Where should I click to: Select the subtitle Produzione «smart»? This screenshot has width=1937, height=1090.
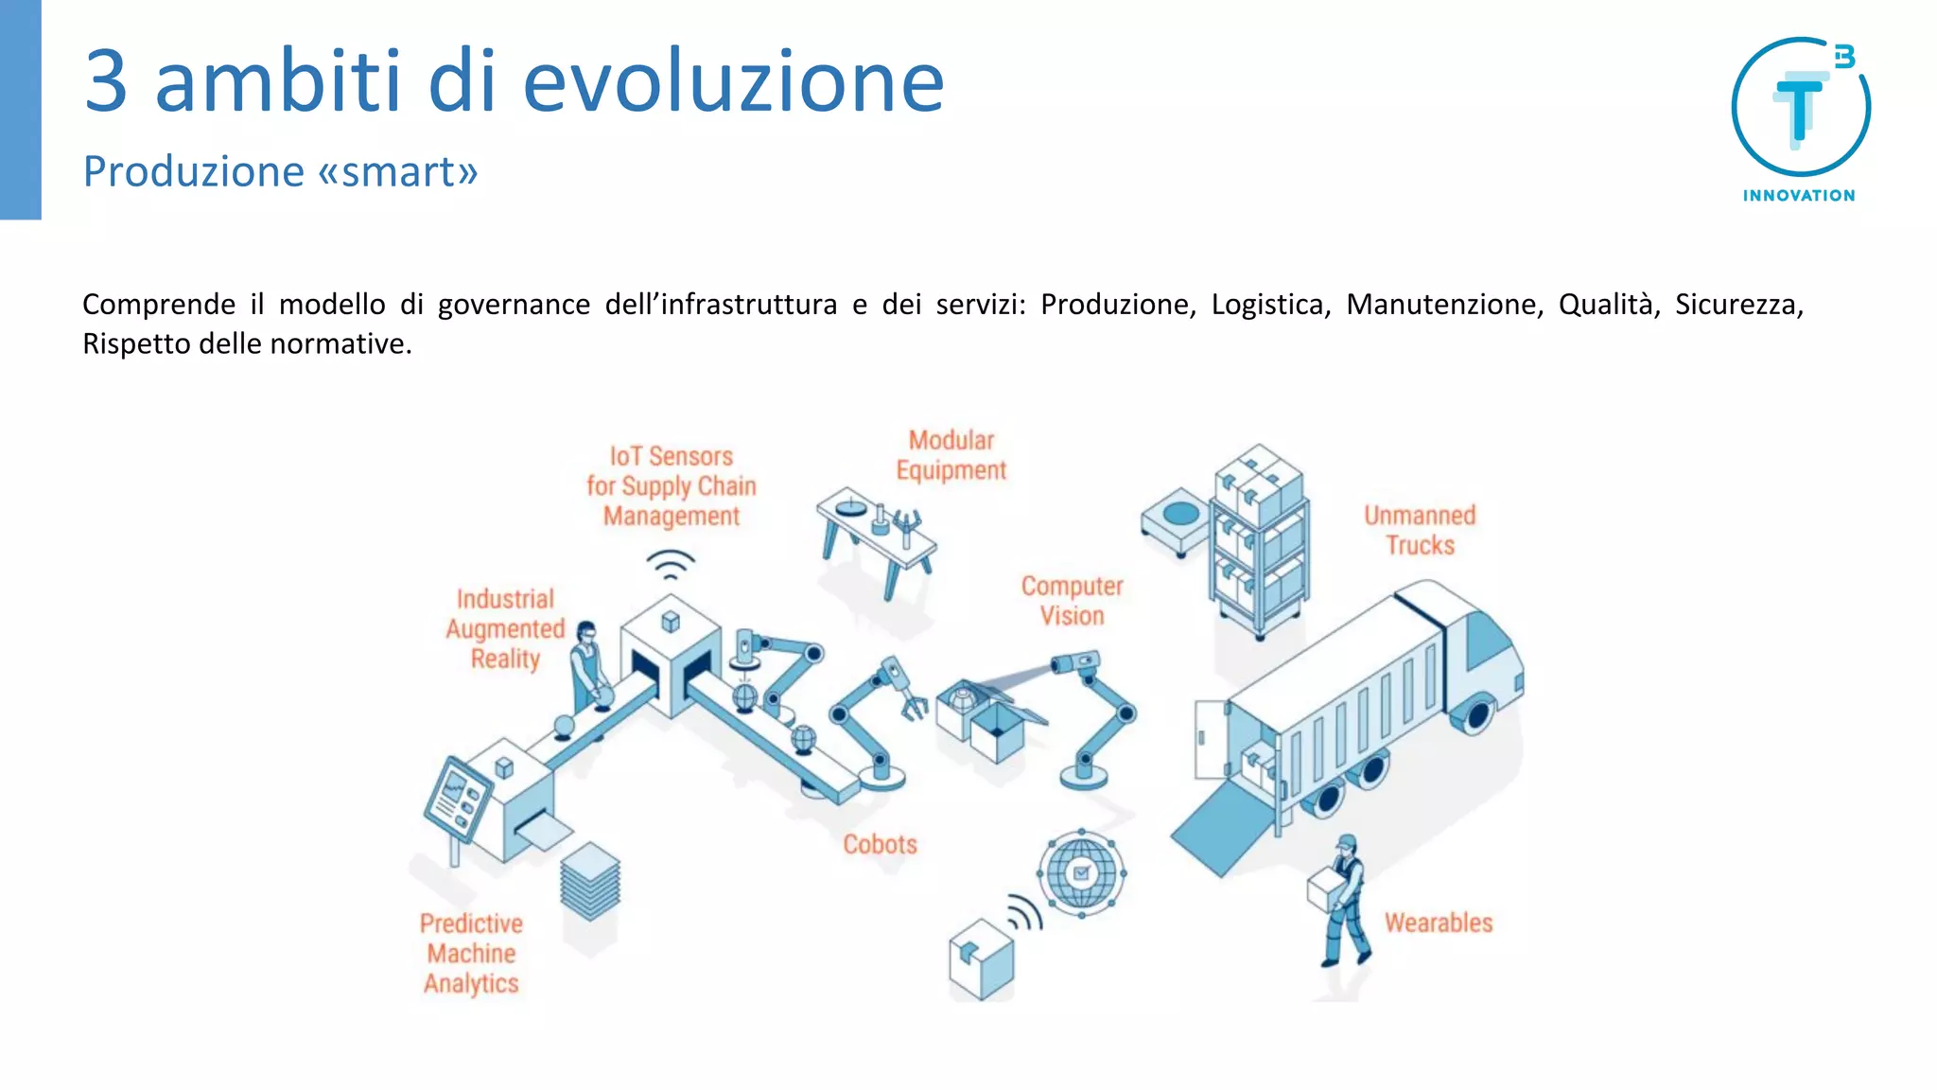click(x=280, y=171)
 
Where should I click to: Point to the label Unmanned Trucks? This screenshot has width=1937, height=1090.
click(x=1419, y=530)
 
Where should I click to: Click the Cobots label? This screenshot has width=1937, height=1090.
click(x=880, y=844)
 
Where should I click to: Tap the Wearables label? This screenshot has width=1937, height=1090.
click(x=1438, y=923)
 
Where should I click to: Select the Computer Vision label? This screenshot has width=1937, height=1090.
click(x=1072, y=601)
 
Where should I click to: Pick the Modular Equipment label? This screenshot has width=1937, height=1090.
click(x=951, y=455)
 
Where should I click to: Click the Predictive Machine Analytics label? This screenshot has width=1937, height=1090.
click(x=471, y=953)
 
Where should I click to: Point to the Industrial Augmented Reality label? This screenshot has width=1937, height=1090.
click(x=505, y=629)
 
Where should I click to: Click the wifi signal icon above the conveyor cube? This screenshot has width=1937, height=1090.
click(x=671, y=566)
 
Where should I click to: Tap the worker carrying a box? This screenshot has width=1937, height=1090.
click(x=1341, y=899)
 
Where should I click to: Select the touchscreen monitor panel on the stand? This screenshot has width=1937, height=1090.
click(x=457, y=800)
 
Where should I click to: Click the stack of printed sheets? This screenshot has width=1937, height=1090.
click(x=590, y=881)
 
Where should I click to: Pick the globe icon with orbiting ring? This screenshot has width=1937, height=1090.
click(x=1081, y=872)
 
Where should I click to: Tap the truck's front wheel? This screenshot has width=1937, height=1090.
click(x=1475, y=714)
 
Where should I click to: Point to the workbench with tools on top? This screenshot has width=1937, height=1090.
click(x=876, y=536)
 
